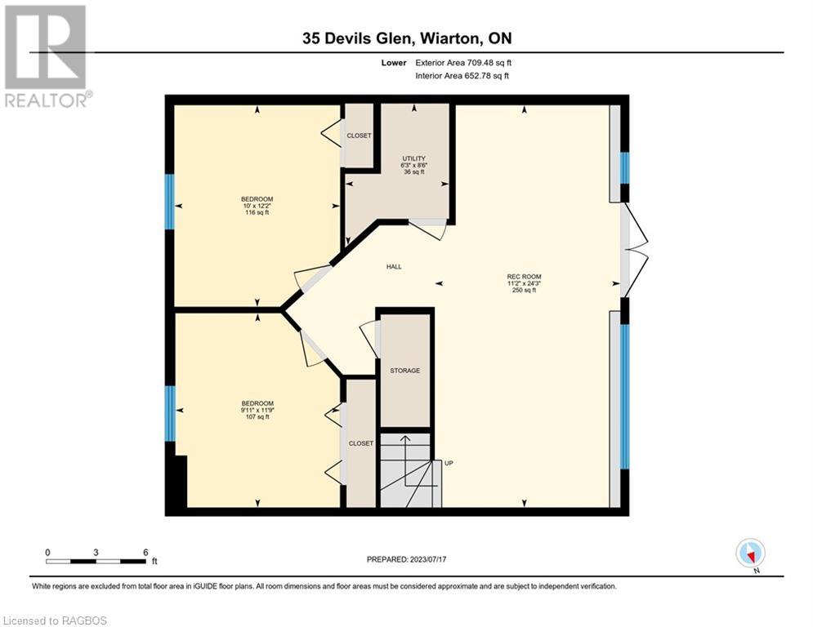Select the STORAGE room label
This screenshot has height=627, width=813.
click(x=404, y=371)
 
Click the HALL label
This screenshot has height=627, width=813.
click(x=394, y=267)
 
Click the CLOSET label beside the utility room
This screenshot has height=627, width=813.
click(x=360, y=136)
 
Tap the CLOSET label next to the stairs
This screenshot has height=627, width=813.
click(x=360, y=443)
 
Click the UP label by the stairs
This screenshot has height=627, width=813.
click(x=449, y=463)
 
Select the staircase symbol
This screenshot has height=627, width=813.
click(x=405, y=472)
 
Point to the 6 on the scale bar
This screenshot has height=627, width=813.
click(x=145, y=552)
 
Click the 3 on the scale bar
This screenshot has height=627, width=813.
click(x=96, y=552)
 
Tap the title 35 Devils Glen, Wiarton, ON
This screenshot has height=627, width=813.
click(x=406, y=38)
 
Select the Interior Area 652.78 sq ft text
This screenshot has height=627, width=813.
click(x=462, y=76)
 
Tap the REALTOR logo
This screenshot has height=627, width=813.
click(x=46, y=56)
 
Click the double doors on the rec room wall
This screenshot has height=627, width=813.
click(x=634, y=251)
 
